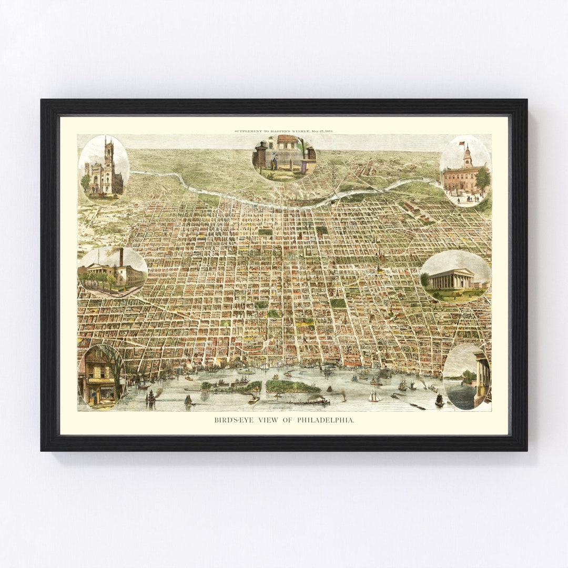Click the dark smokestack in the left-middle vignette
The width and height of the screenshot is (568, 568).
[121, 257]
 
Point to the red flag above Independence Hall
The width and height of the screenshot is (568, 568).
[462, 143]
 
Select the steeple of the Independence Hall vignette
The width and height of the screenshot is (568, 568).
[467, 155]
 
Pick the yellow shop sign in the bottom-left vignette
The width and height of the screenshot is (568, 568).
[100, 380]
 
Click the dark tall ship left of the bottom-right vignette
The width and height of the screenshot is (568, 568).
[439, 400]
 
